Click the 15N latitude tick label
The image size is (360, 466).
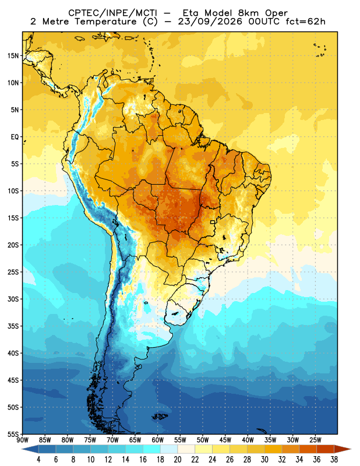click(13, 56)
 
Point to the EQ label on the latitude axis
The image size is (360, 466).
click(15, 137)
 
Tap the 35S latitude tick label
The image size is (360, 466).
click(13, 326)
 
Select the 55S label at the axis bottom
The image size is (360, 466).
click(13, 435)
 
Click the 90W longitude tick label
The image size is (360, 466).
click(23, 440)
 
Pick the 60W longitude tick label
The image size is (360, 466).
click(157, 440)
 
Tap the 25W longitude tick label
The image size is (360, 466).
click(315, 440)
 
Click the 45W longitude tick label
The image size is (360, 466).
click(225, 440)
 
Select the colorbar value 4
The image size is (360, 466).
click(38, 460)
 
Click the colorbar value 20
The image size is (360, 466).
click(178, 460)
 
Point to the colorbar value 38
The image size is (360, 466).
click(334, 460)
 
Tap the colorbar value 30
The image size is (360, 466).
click(264, 460)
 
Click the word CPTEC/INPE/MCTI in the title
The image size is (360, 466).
click(112, 13)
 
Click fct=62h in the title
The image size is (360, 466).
click(305, 22)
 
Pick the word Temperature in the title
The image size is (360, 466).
click(105, 22)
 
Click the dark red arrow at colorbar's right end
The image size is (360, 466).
click(343, 449)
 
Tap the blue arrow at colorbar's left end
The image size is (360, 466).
click(30, 449)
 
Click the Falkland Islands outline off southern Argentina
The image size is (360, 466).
click(160, 416)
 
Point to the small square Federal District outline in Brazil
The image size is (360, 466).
click(213, 222)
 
